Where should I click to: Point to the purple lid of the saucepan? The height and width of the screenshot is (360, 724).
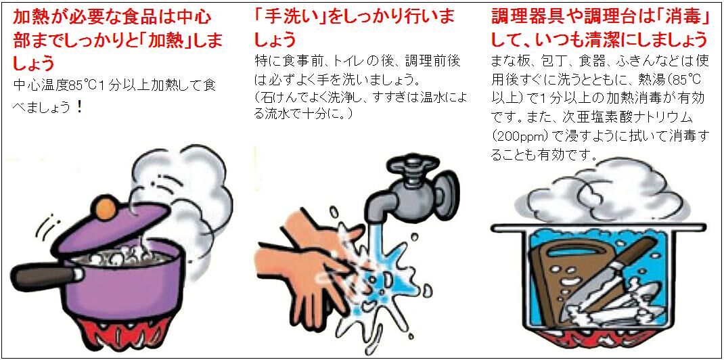[x=111, y=230]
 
